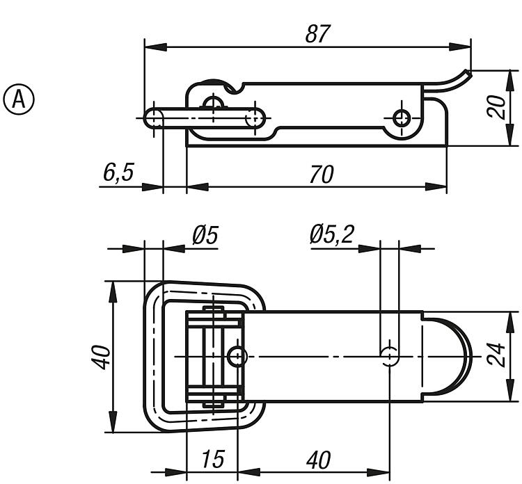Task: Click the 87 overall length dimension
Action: [317, 33]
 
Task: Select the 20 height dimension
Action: [496, 108]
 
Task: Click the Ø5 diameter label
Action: [205, 236]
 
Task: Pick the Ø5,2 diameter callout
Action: [331, 236]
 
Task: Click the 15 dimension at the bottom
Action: [214, 460]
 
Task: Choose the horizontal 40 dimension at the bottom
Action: [317, 460]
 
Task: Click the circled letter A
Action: [20, 99]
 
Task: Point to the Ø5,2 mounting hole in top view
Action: [390, 355]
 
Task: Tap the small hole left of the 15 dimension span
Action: [239, 356]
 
